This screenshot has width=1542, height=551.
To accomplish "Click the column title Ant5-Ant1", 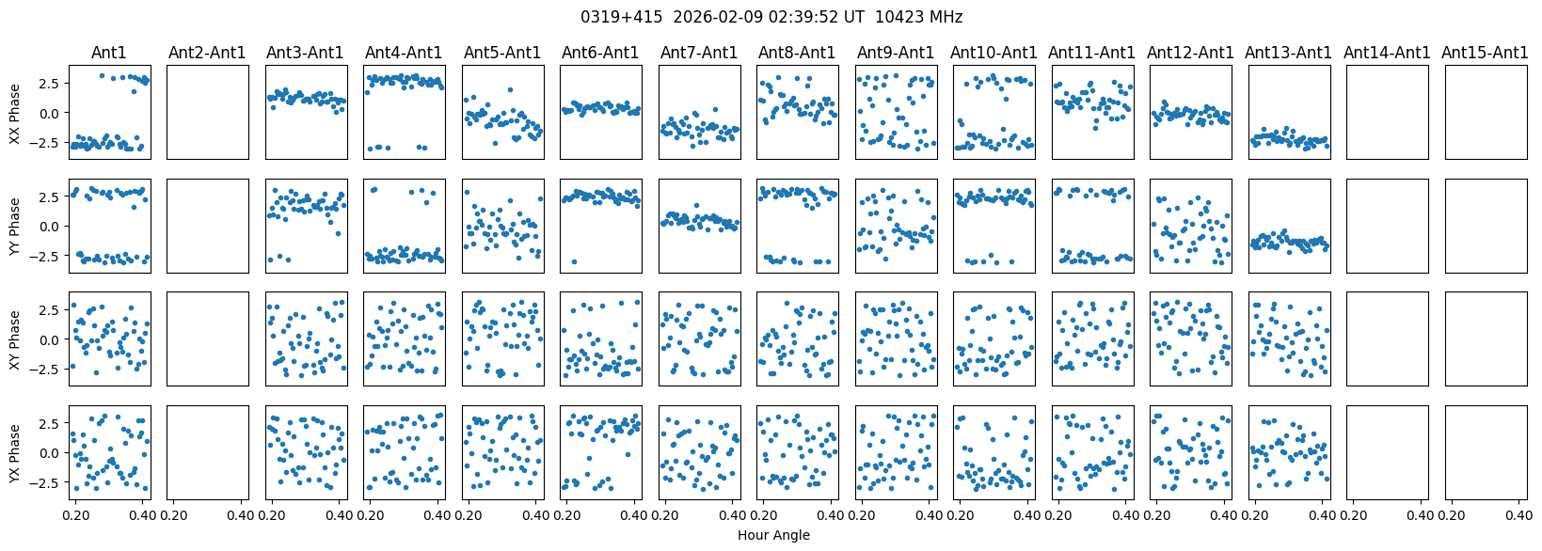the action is (x=502, y=53).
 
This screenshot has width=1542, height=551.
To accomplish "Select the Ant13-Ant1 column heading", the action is (x=1289, y=53).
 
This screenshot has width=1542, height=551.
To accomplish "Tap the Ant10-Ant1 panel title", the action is (x=994, y=53).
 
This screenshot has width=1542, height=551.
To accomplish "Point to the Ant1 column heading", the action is (x=109, y=53).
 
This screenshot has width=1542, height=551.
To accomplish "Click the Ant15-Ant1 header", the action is (x=1486, y=53).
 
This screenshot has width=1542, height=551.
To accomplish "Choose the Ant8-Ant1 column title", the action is (x=797, y=53).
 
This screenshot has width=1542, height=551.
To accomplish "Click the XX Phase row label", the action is (x=14, y=112).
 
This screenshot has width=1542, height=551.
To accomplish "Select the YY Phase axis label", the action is (x=14, y=226).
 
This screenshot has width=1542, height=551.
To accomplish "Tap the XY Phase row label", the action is (x=14, y=339).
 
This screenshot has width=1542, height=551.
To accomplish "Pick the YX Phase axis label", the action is (x=14, y=452).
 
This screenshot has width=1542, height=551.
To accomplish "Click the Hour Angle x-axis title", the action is (x=773, y=535).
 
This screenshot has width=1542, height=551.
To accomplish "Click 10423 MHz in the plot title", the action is (x=919, y=17).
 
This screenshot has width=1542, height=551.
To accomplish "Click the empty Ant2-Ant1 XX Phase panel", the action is (x=207, y=112).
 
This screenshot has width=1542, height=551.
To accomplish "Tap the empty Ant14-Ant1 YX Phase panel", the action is (x=1387, y=452).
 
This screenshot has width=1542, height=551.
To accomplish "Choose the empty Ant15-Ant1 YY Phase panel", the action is (x=1486, y=226).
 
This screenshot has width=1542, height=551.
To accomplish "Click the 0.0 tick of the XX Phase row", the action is (x=53, y=112).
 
